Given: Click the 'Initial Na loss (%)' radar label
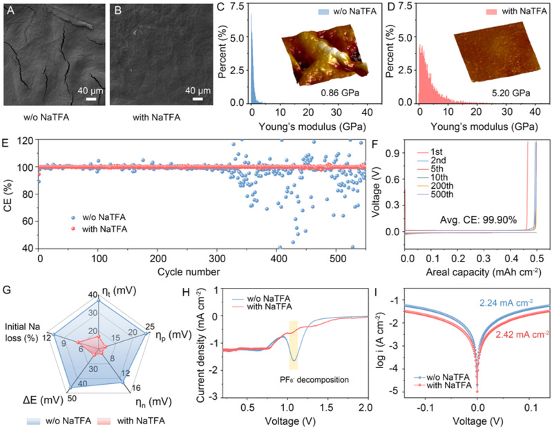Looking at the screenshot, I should pyautogui.click(x=25, y=330).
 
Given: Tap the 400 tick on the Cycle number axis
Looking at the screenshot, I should pyautogui.click(x=278, y=257).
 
